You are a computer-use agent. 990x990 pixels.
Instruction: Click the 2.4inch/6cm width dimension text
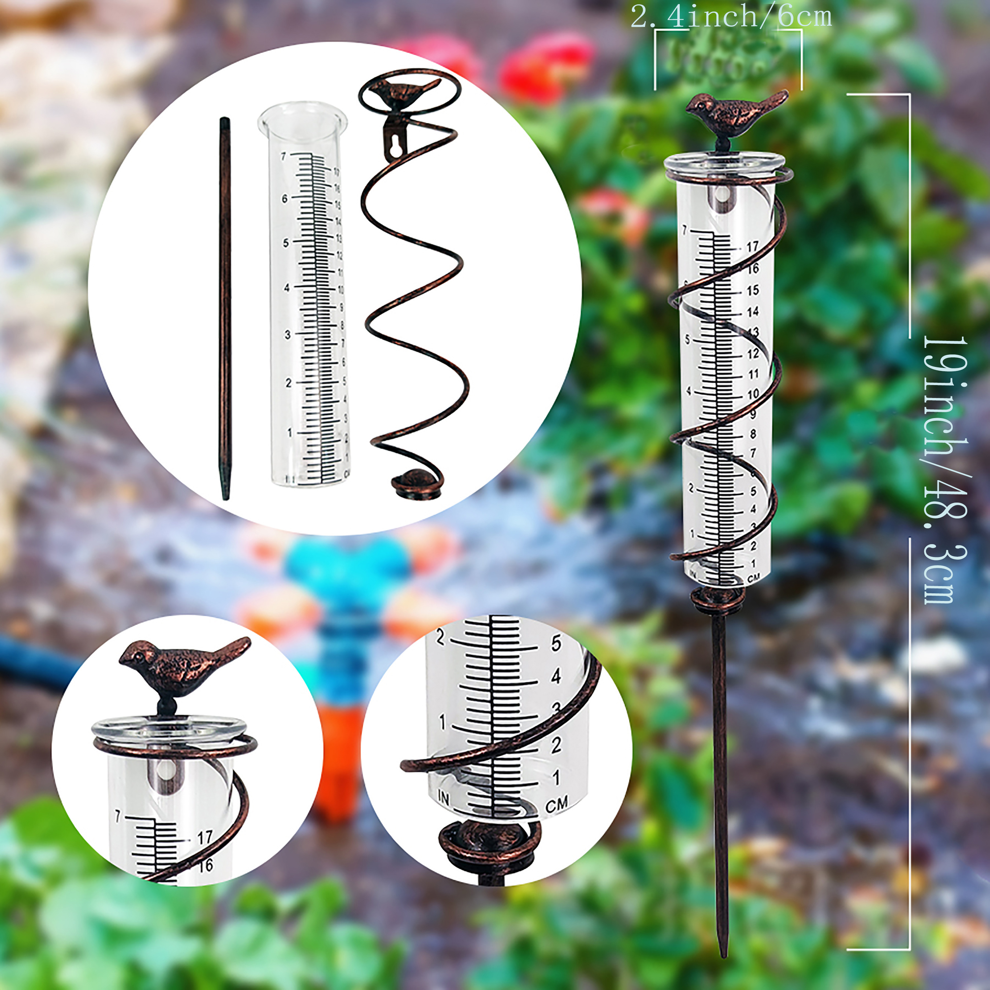click(x=731, y=16)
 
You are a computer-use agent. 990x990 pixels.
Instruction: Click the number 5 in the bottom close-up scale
click(x=556, y=643)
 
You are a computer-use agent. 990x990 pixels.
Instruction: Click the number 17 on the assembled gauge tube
click(x=752, y=247)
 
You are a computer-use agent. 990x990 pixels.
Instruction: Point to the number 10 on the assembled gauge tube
click(x=753, y=395)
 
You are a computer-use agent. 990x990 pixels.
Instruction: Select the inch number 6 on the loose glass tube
click(x=285, y=198)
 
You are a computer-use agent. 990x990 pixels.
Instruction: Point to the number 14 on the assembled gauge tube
click(x=752, y=312)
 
